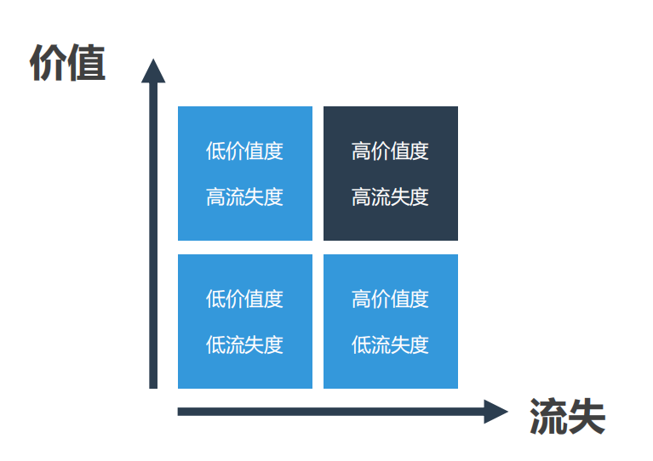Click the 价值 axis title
coord(67,64)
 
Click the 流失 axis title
coord(567,417)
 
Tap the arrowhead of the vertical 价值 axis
coord(153,71)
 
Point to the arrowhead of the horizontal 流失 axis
coord(495,412)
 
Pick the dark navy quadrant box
coord(391,174)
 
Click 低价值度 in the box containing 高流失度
coord(244,151)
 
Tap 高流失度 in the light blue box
coord(244,197)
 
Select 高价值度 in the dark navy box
coord(390,151)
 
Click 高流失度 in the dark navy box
coord(390,197)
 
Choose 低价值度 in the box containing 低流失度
coord(244,299)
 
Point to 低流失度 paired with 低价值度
coord(244,345)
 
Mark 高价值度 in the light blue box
coord(390,299)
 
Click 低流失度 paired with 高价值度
coord(390,345)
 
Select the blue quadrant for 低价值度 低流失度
coord(244,322)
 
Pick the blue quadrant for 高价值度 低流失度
coord(391,322)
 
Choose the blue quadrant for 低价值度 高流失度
coord(244,174)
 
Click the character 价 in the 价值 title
coord(49,64)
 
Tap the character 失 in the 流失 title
coord(587,417)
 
